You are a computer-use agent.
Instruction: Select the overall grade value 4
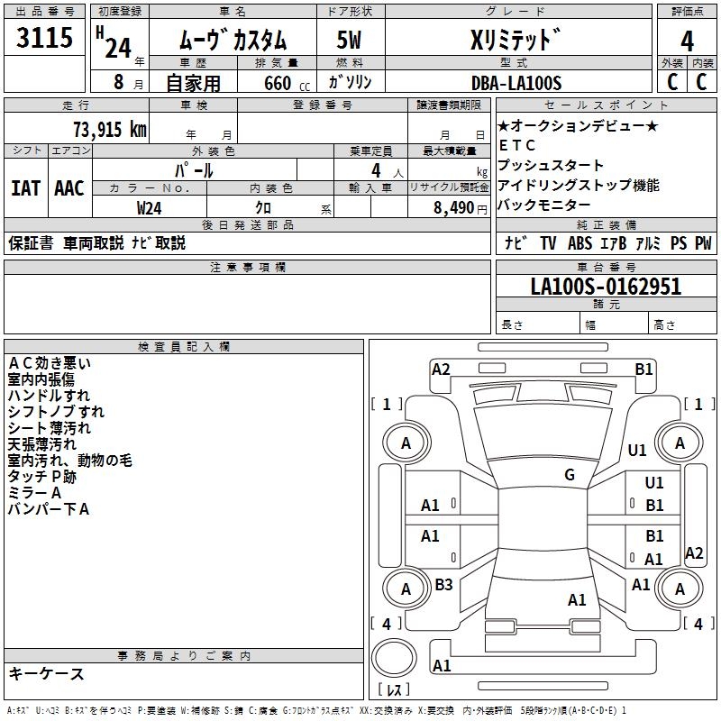[687, 41]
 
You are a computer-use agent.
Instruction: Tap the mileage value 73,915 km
[109, 129]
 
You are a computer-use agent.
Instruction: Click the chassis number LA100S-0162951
[606, 287]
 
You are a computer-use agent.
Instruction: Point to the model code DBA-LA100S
[516, 83]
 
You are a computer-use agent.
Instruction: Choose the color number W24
[150, 207]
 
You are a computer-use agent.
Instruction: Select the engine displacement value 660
[277, 84]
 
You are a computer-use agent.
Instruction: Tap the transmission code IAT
[25, 187]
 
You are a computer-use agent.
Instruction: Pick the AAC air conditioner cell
[68, 187]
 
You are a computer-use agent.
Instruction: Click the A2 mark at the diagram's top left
[441, 369]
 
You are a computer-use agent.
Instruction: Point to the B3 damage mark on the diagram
[443, 585]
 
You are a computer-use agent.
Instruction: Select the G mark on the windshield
[570, 475]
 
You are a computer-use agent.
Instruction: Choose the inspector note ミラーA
[34, 493]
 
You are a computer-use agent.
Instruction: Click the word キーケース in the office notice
[46, 673]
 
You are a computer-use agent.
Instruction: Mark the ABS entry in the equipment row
[579, 243]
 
